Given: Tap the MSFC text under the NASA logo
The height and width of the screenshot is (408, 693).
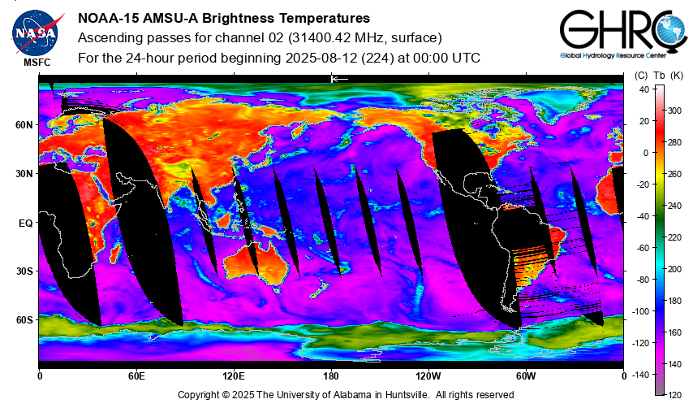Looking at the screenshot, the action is click(37, 63).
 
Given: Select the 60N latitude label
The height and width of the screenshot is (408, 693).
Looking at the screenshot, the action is click(24, 125).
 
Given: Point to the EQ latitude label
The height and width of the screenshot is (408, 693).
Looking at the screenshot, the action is click(26, 224).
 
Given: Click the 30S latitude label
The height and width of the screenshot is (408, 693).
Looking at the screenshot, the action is click(24, 271).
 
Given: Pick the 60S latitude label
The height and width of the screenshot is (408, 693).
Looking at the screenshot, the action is click(24, 320).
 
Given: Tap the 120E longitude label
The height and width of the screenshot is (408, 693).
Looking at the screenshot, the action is click(234, 376).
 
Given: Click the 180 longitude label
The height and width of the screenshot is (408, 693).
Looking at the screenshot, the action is click(331, 376).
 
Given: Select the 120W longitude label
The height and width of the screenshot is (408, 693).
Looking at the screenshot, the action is click(428, 376).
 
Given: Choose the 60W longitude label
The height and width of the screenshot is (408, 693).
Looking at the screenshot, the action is click(526, 376).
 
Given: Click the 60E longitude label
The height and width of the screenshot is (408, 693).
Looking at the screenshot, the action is click(136, 376).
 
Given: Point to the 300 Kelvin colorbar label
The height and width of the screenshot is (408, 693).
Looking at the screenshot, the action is click(674, 111).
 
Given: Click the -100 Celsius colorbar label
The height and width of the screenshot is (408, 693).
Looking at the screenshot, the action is click(639, 311).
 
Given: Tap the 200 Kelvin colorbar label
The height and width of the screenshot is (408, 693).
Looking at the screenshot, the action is click(674, 269).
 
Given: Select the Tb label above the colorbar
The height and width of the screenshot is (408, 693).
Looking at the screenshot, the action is click(659, 76).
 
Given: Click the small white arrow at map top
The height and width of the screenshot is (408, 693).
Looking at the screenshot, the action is click(340, 79).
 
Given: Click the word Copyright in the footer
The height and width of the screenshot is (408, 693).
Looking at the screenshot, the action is click(199, 395).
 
